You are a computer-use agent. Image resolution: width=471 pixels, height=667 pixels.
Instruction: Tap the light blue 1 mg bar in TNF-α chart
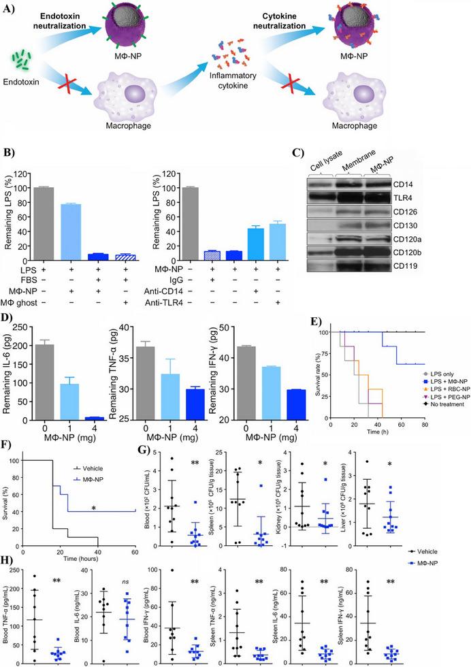(x=191, y=395)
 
